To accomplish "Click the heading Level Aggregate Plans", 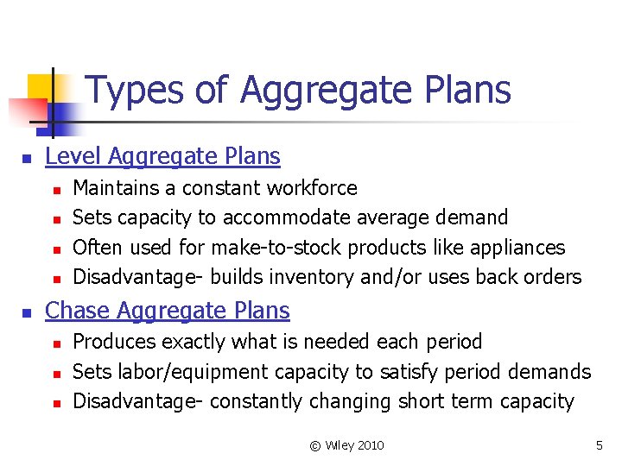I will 162,156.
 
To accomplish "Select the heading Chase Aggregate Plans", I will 167,311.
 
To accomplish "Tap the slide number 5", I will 599,445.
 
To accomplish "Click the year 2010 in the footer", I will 369,445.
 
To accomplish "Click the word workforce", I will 312,188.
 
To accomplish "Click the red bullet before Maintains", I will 55,189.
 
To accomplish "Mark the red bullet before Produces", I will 55,343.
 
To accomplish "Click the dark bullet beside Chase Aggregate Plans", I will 27,312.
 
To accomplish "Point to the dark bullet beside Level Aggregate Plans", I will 27,158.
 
